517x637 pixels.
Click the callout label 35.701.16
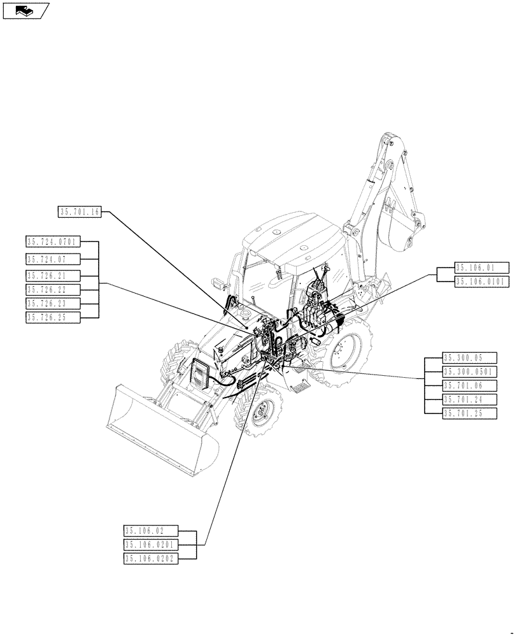click(80, 213)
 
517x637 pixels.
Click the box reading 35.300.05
click(469, 357)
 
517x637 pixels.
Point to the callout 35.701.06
click(469, 385)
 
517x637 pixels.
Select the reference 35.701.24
click(469, 399)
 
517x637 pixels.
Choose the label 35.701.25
click(469, 413)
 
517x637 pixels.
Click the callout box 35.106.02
click(151, 531)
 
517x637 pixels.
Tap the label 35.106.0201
click(151, 545)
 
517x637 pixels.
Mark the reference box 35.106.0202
click(151, 559)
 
